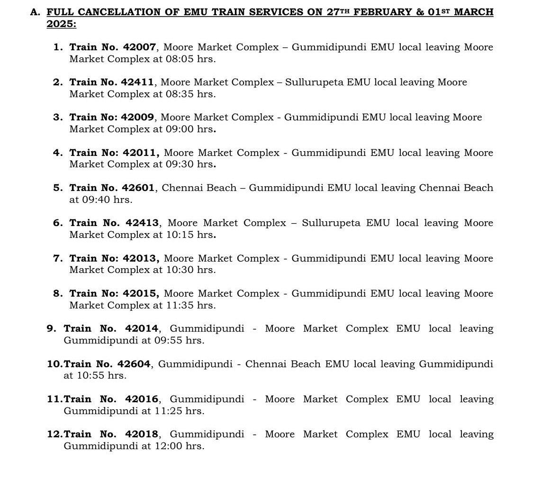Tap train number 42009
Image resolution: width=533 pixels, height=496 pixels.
(x=138, y=117)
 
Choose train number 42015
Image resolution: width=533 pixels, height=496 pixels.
(x=140, y=294)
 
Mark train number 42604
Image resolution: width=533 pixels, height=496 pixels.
(x=134, y=364)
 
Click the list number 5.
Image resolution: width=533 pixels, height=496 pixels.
(x=57, y=188)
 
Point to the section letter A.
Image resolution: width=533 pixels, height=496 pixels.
(x=34, y=12)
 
